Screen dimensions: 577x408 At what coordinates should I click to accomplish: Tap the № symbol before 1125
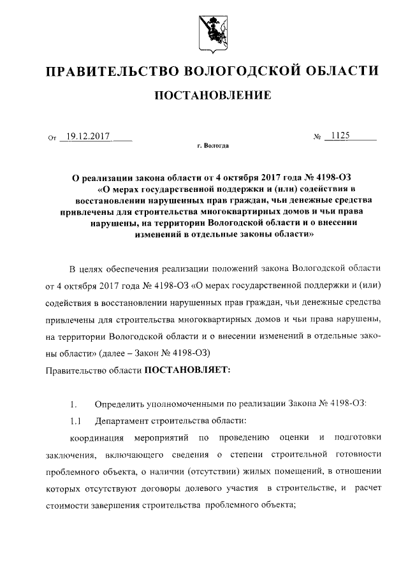(x=316, y=137)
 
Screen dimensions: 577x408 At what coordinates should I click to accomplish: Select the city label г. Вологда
(x=212, y=146)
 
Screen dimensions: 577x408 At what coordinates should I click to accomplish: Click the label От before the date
(x=52, y=137)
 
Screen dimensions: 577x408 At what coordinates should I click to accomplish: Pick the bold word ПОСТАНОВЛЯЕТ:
(x=193, y=370)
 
